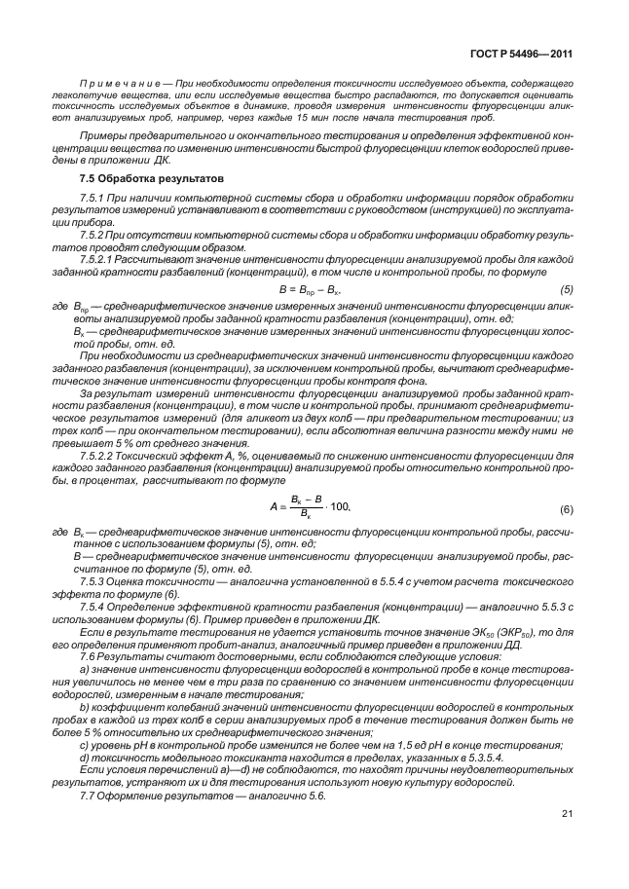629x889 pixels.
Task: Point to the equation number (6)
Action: [567, 509]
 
